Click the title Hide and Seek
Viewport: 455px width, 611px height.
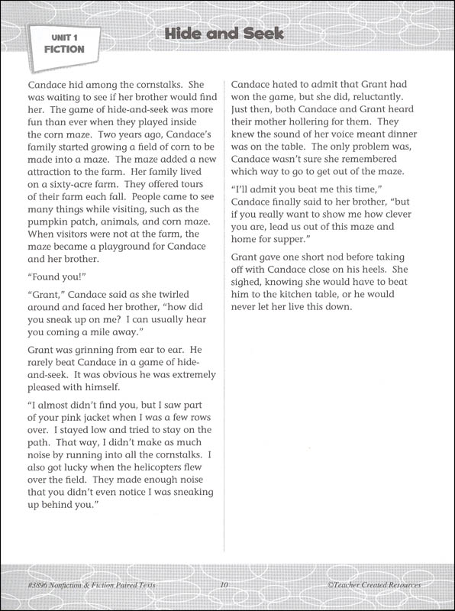click(224, 34)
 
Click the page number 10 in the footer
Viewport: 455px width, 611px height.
click(224, 585)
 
